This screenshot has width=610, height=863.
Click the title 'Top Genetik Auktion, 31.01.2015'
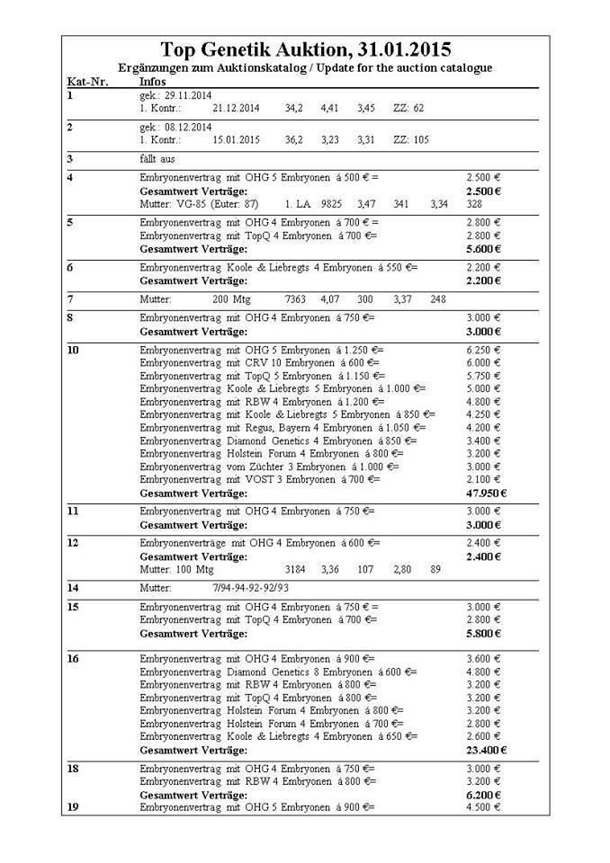coord(305,49)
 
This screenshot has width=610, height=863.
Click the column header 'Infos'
coord(154,81)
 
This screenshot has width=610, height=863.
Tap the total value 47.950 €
coord(487,493)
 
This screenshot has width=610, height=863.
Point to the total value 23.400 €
coord(487,750)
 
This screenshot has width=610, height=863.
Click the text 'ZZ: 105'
coord(411,139)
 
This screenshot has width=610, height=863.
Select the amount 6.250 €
coord(483,350)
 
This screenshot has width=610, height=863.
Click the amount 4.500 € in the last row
coord(483,806)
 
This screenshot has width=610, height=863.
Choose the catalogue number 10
coord(74,350)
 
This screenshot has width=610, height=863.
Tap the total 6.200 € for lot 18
coord(484,796)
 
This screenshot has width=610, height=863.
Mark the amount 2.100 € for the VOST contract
coord(483,479)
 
